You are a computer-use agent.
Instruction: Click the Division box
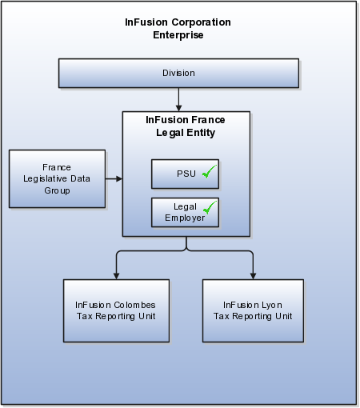tap(178, 74)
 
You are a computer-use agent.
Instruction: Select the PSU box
tap(185, 174)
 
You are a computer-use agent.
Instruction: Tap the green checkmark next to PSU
tap(210, 171)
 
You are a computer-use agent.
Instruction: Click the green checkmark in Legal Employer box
tap(210, 207)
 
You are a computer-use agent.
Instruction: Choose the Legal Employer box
tap(185, 213)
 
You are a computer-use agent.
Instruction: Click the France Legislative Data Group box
tap(57, 179)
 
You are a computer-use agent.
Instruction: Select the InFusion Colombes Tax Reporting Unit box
tap(116, 310)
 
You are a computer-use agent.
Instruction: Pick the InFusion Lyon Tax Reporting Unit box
tap(253, 310)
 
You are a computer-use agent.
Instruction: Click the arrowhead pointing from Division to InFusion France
tap(178, 108)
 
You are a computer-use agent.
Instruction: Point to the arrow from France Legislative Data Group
tap(114, 178)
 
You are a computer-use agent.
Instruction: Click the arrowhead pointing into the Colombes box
tap(116, 276)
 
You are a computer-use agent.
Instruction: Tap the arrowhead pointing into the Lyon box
tap(253, 276)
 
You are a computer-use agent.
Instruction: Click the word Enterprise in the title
tap(178, 35)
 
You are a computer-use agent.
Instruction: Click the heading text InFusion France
tap(186, 120)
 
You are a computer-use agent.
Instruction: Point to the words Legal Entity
tap(186, 133)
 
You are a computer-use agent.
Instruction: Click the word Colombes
tap(134, 305)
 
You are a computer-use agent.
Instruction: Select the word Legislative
tap(45, 179)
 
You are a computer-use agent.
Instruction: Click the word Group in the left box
tap(57, 191)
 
